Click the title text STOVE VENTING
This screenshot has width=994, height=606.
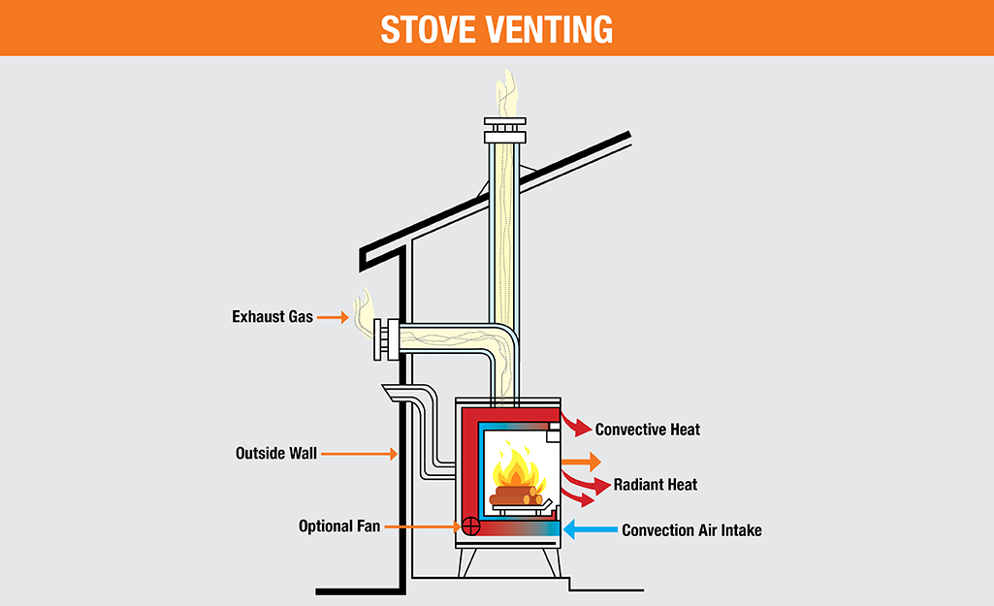497,28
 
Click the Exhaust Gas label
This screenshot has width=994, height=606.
272,316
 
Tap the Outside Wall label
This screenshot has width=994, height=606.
275,453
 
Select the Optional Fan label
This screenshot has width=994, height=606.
339,526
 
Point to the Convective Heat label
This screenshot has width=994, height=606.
647,429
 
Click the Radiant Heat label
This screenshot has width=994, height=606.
655,484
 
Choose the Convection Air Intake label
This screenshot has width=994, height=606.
691,530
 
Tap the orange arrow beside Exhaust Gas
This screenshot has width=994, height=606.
333,316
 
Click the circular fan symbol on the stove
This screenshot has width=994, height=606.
471,526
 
